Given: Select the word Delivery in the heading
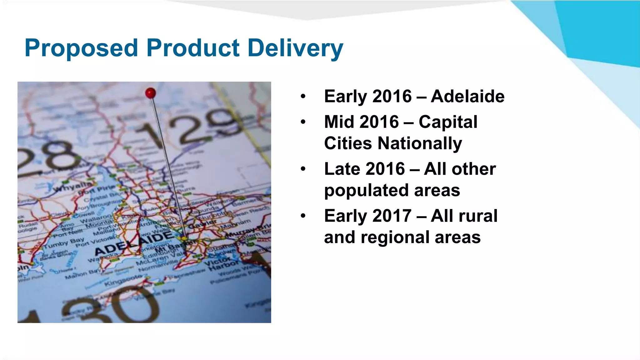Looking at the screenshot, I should [x=295, y=48].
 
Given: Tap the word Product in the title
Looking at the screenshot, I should [x=193, y=48].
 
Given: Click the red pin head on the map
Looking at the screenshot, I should [x=151, y=93].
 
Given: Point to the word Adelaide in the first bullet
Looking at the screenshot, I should [x=467, y=96].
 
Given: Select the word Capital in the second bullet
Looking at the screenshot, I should [x=448, y=122].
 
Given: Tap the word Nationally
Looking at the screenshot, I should [x=420, y=143].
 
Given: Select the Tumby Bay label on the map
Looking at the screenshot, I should [x=64, y=243].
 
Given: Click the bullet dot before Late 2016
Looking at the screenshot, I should [x=303, y=169].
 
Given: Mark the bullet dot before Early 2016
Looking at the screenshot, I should [x=303, y=96].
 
